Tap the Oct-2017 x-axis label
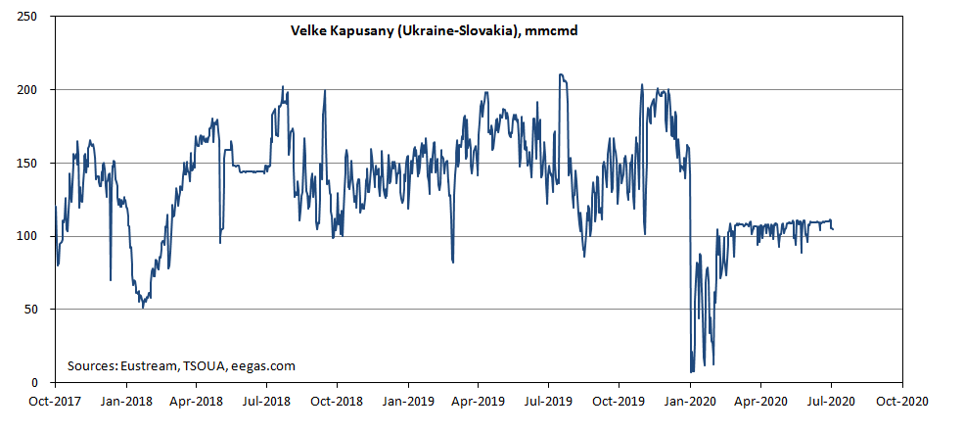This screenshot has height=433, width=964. click(55, 401)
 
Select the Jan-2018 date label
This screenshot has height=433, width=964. click(125, 401)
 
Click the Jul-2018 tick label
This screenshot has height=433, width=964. click(266, 401)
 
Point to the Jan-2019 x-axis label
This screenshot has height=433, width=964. click(408, 401)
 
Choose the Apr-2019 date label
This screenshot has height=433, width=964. click(479, 401)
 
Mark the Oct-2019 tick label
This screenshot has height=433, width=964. click(620, 401)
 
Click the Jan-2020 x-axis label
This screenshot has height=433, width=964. click(691, 401)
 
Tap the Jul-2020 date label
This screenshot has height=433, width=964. click(832, 401)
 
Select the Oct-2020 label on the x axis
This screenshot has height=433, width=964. click(902, 401)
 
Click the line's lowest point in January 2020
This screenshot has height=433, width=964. click(692, 372)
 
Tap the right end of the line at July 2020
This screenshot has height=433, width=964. click(833, 229)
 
